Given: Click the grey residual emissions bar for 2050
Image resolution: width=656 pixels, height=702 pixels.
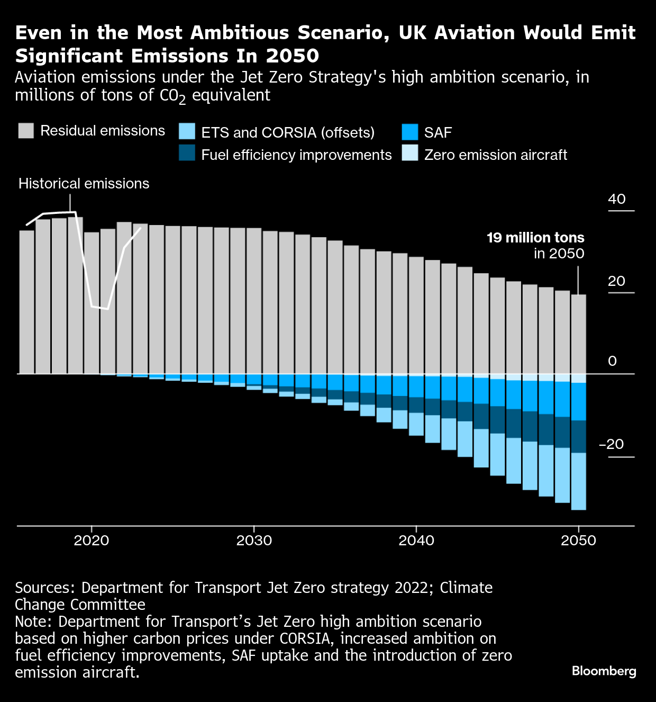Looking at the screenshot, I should coord(578,334).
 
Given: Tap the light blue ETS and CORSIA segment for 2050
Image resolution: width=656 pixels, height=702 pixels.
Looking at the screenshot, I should coord(578,481).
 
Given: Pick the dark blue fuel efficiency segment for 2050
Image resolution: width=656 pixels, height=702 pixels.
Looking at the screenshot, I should coord(578,437).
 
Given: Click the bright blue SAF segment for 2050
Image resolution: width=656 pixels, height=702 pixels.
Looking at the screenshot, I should coord(578,401).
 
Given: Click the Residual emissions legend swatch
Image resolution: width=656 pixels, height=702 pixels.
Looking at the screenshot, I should coord(26,131).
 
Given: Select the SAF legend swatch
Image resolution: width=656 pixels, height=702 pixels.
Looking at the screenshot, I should coord(410,132).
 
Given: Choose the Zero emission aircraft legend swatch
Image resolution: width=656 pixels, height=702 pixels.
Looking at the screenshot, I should coord(410,154).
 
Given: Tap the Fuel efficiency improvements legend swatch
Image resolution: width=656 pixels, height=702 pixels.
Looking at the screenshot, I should coord(187,154).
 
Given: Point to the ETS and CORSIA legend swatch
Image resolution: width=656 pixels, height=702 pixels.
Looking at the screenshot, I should coord(187,132).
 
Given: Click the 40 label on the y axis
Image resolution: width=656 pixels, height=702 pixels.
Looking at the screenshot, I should coord(617,199).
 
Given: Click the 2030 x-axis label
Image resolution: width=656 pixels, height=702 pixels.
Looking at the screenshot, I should coord(254,541).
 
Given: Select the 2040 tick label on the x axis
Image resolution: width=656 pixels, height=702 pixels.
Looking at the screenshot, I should coord(416,541).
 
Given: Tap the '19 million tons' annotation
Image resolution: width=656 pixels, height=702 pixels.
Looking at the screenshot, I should coord(535,238).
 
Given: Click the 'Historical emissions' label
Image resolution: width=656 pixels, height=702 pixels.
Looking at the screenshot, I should coord(84,184).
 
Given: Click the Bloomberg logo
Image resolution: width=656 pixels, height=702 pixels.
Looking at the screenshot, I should coord(604,671).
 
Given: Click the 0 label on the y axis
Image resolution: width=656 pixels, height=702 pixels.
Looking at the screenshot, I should coord(613,361).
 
